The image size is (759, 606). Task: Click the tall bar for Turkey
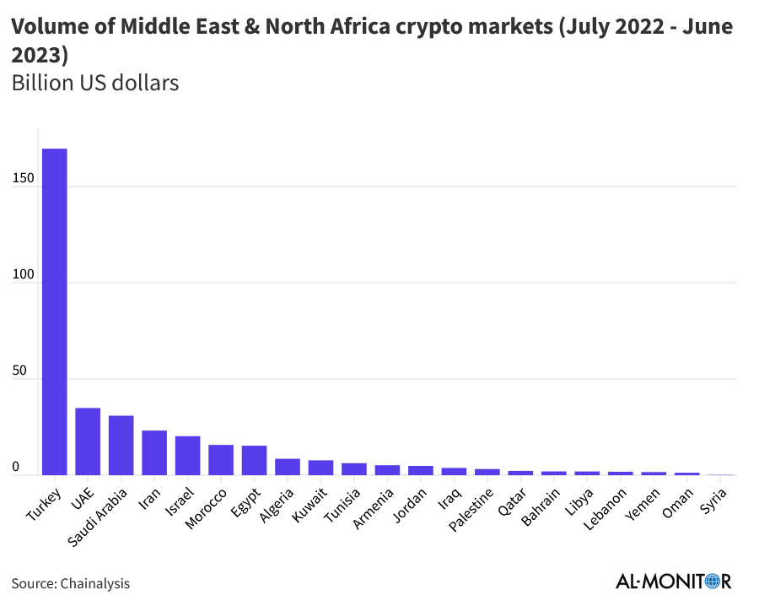click(x=55, y=312)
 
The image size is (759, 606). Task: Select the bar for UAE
click(x=88, y=441)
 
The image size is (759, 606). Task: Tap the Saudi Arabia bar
click(x=121, y=446)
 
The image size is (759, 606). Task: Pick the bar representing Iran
click(x=154, y=453)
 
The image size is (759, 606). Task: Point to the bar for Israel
click(x=187, y=456)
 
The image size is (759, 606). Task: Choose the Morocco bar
click(x=221, y=460)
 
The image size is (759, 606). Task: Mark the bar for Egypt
click(x=254, y=460)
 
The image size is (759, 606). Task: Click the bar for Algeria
click(x=288, y=467)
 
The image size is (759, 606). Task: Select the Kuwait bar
click(x=320, y=468)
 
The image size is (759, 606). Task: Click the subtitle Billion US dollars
click(x=94, y=84)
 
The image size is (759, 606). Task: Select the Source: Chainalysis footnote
click(x=71, y=583)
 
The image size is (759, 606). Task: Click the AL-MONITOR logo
click(x=673, y=582)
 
